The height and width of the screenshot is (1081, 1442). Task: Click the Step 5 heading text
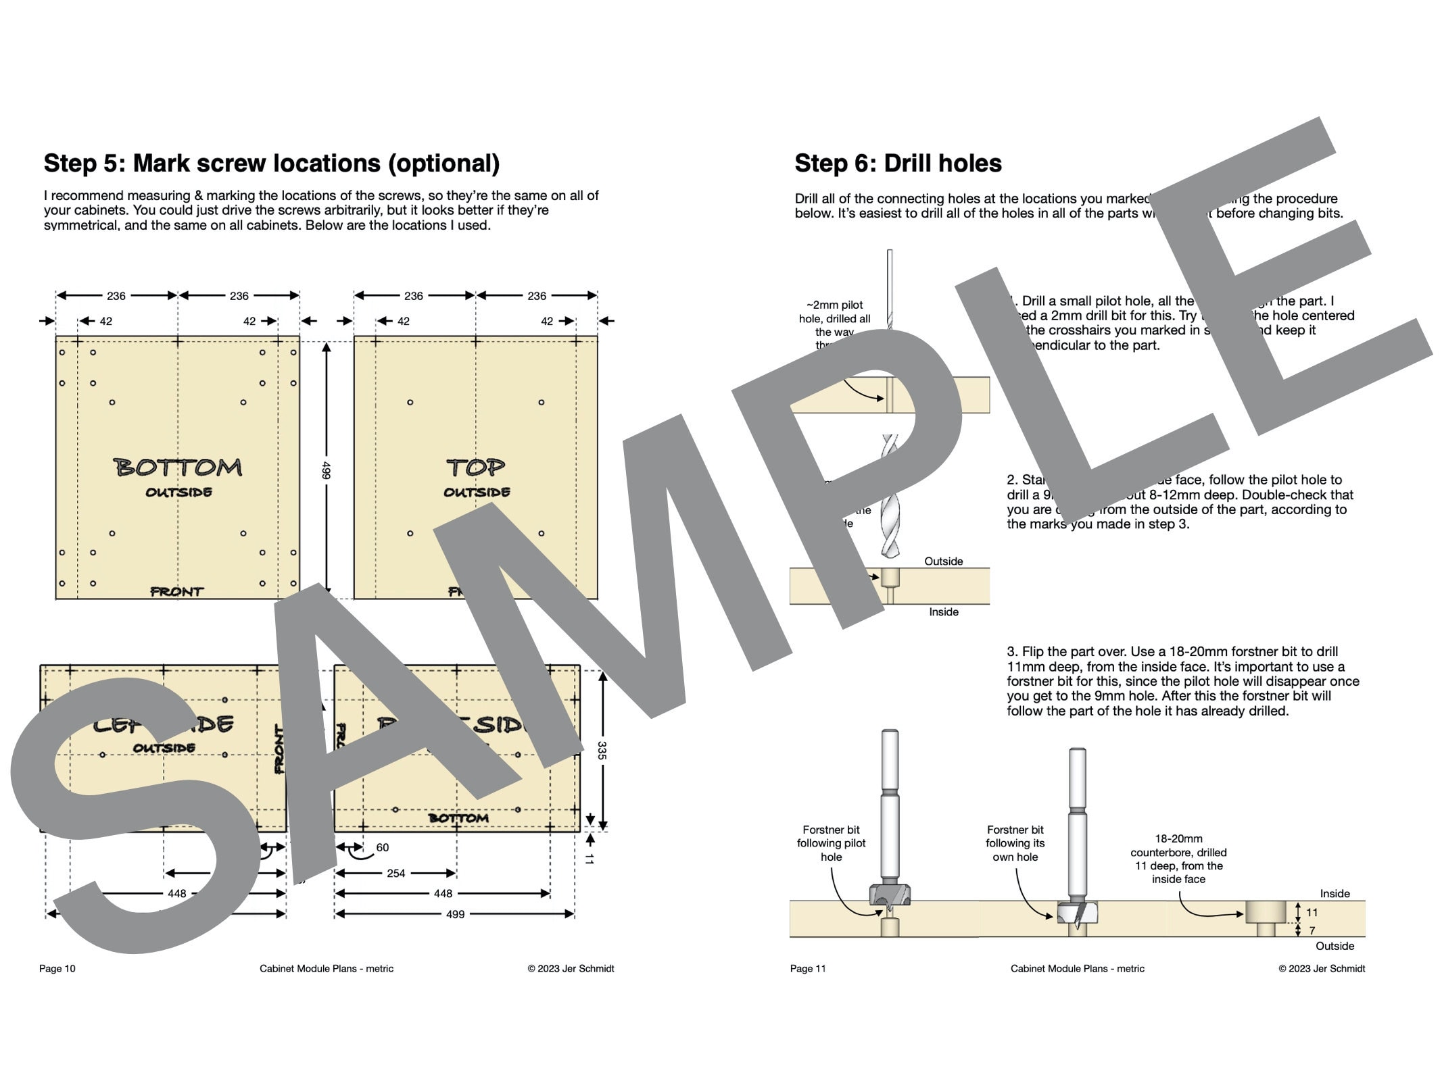pyautogui.click(x=272, y=164)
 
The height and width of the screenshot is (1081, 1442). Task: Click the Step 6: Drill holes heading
pyautogui.click(x=898, y=164)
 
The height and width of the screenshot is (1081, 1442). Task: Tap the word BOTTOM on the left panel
pyautogui.click(x=178, y=468)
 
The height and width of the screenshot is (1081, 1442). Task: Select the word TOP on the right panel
pyautogui.click(x=476, y=468)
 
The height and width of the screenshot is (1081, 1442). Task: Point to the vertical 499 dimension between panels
pyautogui.click(x=327, y=470)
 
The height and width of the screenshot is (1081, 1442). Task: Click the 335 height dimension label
pyautogui.click(x=602, y=751)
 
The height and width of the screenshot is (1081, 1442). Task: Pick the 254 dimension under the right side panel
pyautogui.click(x=395, y=874)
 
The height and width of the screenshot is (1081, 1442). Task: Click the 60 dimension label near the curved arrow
pyautogui.click(x=383, y=848)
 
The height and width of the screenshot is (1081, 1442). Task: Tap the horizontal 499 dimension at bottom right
pyautogui.click(x=455, y=914)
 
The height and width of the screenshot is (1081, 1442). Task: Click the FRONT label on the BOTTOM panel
pyautogui.click(x=176, y=592)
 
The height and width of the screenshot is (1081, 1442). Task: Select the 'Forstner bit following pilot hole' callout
pyautogui.click(x=831, y=843)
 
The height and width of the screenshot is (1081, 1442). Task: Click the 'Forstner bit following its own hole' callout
pyautogui.click(x=1015, y=843)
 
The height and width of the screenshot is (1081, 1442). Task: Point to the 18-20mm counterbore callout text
pyautogui.click(x=1178, y=859)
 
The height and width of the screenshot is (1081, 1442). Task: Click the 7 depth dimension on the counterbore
pyautogui.click(x=1312, y=930)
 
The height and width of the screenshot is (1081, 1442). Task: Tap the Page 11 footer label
pyautogui.click(x=808, y=968)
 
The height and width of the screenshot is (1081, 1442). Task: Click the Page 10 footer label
pyautogui.click(x=57, y=968)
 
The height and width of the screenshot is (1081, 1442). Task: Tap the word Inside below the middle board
pyautogui.click(x=943, y=612)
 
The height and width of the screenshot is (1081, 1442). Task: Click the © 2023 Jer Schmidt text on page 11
pyautogui.click(x=1321, y=968)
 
